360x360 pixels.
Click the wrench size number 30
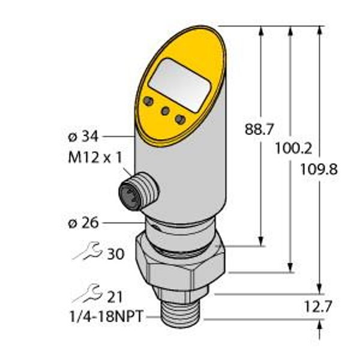pos(115,254)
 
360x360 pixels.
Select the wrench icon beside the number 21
pos(88,294)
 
